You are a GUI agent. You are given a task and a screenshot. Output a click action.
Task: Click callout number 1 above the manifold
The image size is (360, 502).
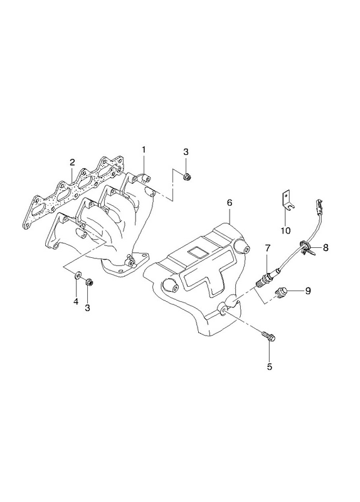[x=144, y=149]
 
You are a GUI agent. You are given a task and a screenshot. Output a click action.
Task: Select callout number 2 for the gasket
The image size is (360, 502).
[x=72, y=163]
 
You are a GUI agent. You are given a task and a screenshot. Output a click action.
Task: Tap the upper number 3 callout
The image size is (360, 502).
[x=186, y=152]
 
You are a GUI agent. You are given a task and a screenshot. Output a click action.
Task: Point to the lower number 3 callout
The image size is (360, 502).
[x=87, y=308]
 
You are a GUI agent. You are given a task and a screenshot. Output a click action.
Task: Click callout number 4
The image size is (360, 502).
[x=76, y=301]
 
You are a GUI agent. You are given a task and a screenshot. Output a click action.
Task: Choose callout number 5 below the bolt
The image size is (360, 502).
[x=270, y=366]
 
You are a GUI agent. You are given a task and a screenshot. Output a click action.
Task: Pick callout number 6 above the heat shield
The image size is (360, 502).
[x=230, y=203]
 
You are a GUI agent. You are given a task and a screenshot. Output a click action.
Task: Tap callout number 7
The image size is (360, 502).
[x=268, y=247]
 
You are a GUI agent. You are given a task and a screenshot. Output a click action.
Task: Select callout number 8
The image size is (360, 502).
[x=325, y=247]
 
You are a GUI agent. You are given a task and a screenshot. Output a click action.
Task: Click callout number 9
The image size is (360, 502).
[x=308, y=291]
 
